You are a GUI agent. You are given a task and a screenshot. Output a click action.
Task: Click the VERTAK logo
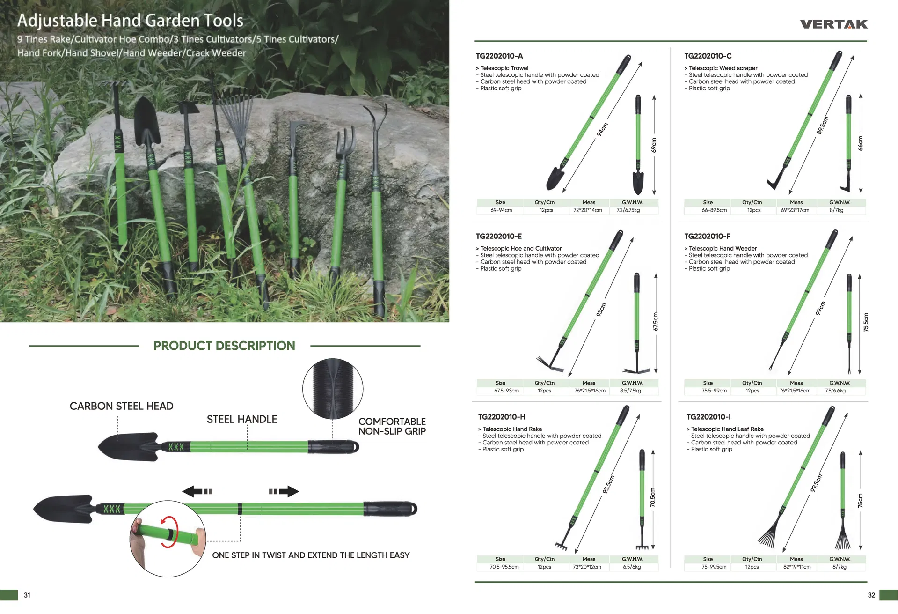click(x=833, y=24)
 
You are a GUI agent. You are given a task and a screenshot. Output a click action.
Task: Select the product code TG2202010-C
click(x=708, y=56)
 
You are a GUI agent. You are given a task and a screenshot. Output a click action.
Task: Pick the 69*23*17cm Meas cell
click(x=795, y=210)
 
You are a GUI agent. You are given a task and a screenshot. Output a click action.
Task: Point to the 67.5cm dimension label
click(x=656, y=322)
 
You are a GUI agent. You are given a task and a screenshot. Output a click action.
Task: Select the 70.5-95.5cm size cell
click(x=504, y=567)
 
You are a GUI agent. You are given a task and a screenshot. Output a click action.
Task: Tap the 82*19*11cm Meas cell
click(x=796, y=567)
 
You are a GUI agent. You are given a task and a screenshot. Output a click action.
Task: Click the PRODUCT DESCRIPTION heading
click(x=224, y=346)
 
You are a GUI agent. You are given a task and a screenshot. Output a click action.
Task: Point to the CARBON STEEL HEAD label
click(x=121, y=407)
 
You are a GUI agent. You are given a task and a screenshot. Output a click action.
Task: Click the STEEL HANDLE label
click(x=241, y=420)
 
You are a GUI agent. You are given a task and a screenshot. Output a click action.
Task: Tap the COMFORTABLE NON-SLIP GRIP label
click(x=392, y=427)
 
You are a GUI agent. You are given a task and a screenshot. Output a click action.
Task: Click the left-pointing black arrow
click(x=197, y=492)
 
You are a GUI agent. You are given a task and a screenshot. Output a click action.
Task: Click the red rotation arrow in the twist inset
click(x=169, y=532)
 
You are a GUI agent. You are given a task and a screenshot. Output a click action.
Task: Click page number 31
click(x=27, y=595)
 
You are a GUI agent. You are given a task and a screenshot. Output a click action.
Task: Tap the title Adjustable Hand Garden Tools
click(x=130, y=21)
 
